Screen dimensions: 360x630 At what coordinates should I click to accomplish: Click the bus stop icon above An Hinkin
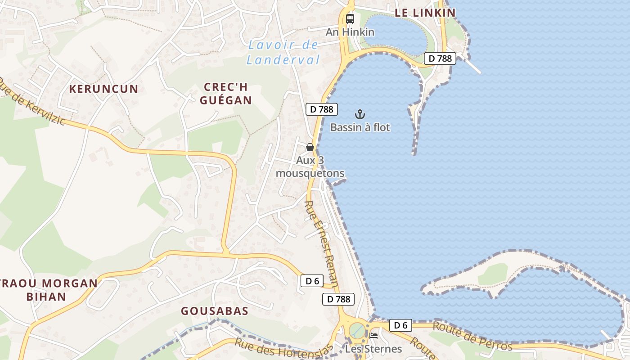coord(350,19)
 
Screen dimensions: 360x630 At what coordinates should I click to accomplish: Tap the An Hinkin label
coord(350,32)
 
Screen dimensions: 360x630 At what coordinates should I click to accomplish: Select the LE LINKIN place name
coord(425,13)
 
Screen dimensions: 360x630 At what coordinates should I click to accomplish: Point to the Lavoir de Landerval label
coord(283,52)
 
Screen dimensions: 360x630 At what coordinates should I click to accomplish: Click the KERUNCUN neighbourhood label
coord(103,89)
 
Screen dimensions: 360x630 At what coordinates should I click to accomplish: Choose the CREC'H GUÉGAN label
coord(226,94)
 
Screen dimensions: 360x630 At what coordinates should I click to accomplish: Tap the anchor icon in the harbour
coord(360,114)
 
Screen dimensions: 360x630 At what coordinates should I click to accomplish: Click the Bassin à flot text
coord(360,127)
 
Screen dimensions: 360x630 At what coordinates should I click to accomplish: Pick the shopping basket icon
coord(310,147)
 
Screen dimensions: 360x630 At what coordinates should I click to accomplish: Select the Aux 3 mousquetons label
coord(310,167)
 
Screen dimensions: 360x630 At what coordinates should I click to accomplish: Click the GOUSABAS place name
coord(215,311)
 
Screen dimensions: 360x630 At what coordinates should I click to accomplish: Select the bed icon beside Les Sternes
coord(373,335)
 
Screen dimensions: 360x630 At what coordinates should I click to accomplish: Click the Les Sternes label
coord(373,349)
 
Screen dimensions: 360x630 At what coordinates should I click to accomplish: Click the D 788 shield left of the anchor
coord(322,109)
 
